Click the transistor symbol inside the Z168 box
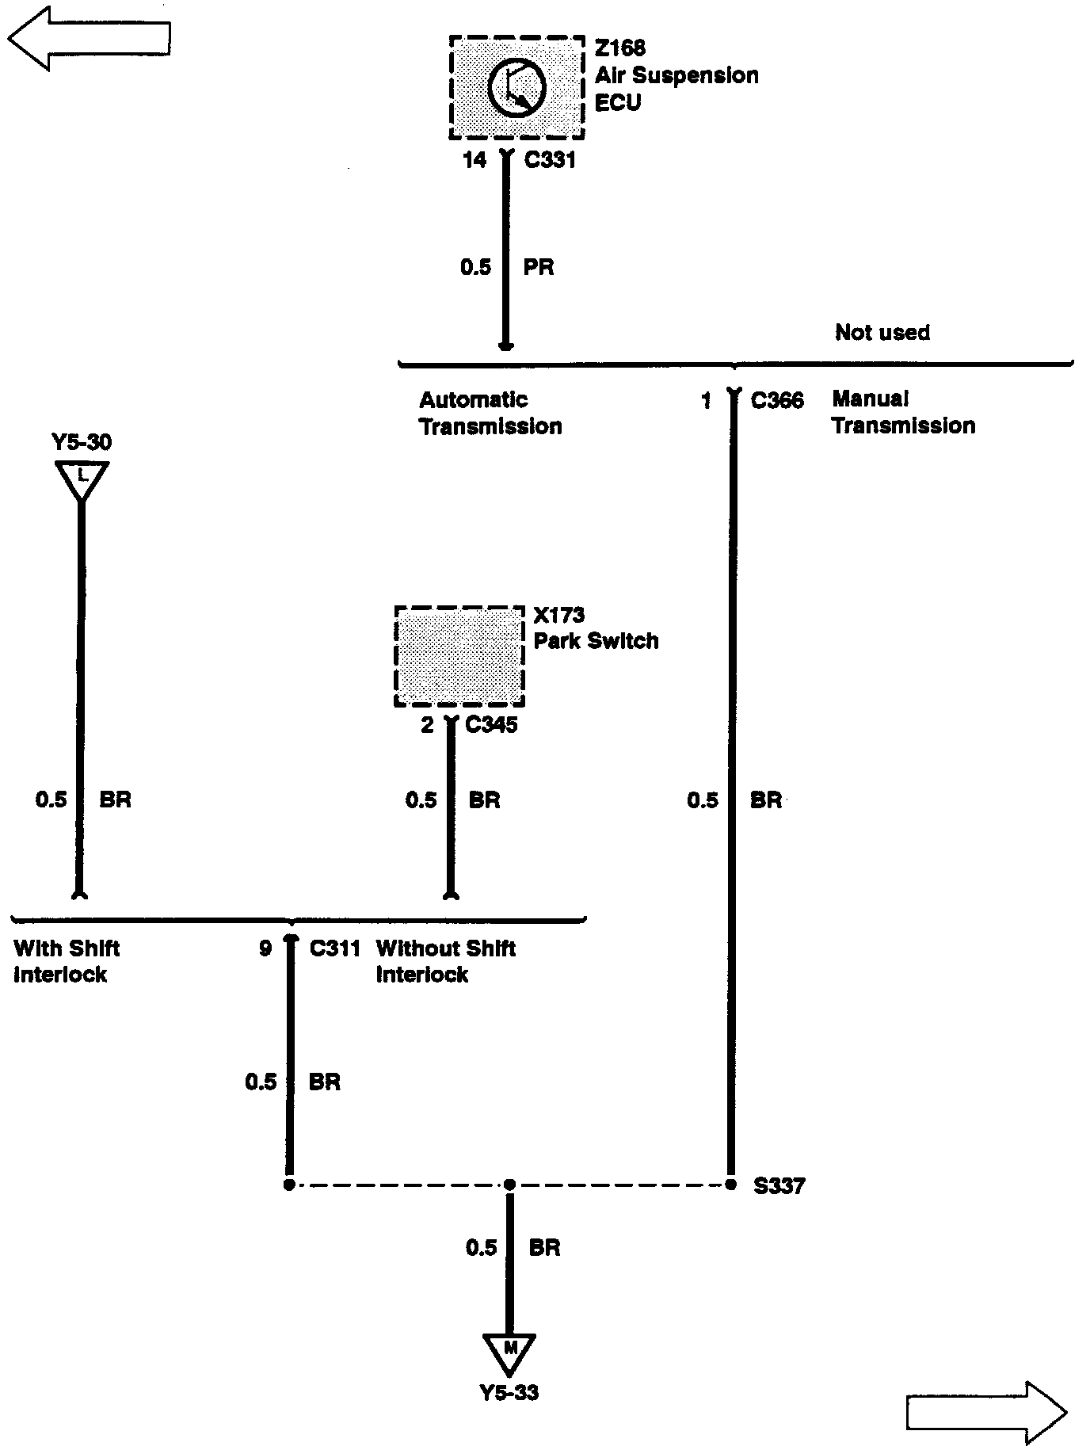click(x=516, y=89)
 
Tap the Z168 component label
click(x=619, y=48)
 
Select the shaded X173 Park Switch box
click(x=459, y=656)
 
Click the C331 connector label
click(x=550, y=160)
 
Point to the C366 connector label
click(x=776, y=400)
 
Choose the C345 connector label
click(x=491, y=724)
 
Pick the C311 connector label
click(x=334, y=948)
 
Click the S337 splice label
click(x=779, y=1186)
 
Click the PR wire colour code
click(x=539, y=267)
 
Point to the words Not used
click(x=882, y=332)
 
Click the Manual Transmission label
click(x=903, y=412)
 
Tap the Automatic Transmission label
click(x=490, y=413)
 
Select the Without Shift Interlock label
click(x=445, y=961)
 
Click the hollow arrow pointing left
click(x=89, y=37)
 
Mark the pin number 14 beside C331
click(x=474, y=160)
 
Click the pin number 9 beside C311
click(x=265, y=948)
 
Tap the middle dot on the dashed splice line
click(x=509, y=1185)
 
